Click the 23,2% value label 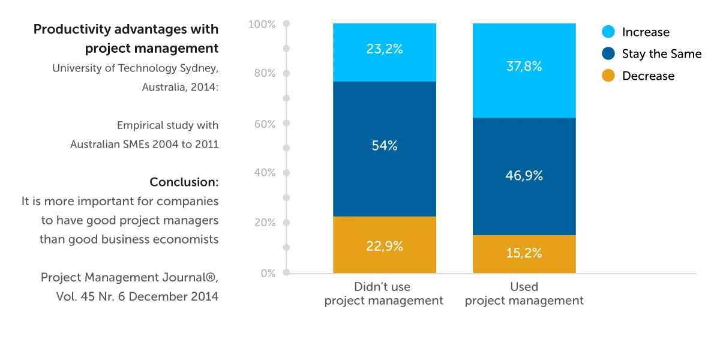pos(384,49)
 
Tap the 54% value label pos(384,145)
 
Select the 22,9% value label pos(384,246)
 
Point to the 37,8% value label pos(524,67)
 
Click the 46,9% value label pos(524,176)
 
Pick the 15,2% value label pos(524,253)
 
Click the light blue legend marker pos(608,32)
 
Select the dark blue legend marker pos(608,53)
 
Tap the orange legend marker pos(608,76)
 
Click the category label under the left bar pos(384,294)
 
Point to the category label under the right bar pos(525,294)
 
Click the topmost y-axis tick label pos(262,23)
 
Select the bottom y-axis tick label pos(268,274)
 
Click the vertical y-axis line pos(286,150)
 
